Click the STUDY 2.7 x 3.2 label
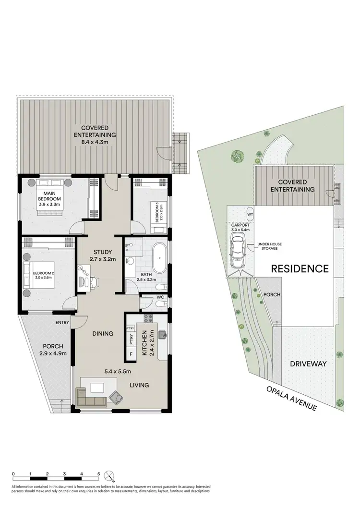coord(103,255)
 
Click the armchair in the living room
coord(115,396)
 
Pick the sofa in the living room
coord(91,401)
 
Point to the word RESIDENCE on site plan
coord(300,268)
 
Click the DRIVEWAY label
coord(309,364)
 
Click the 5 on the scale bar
coord(98,474)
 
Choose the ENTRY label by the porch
coord(62,323)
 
